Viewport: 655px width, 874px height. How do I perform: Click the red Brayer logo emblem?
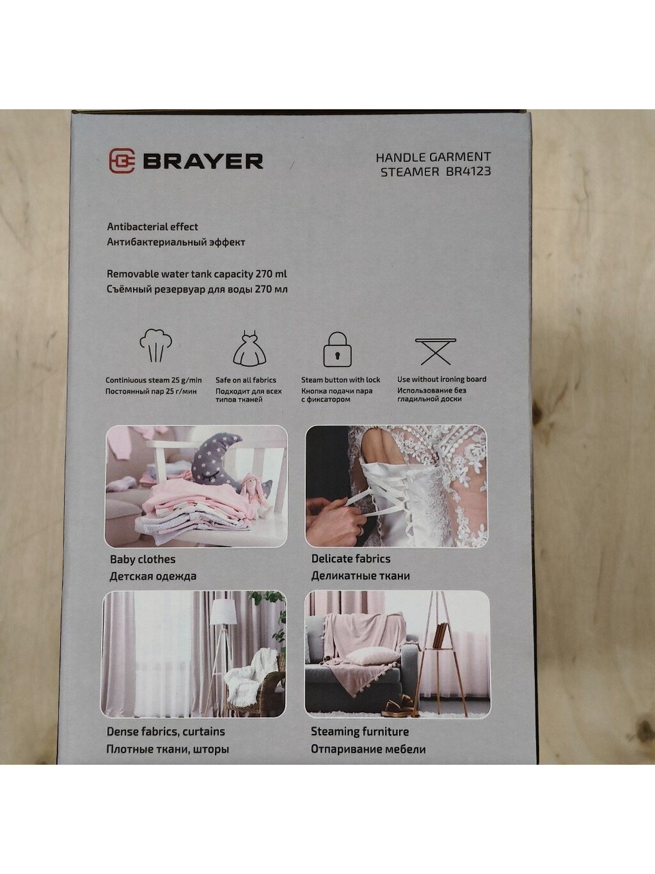pyautogui.click(x=121, y=161)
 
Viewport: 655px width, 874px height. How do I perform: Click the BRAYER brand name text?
pyautogui.click(x=203, y=161)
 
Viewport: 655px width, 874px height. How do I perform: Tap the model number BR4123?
pyautogui.click(x=468, y=171)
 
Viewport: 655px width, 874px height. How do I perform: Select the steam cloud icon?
pyautogui.click(x=156, y=345)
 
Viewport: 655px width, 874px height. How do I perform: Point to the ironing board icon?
pyautogui.click(x=435, y=351)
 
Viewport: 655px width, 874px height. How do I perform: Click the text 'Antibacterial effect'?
pyautogui.click(x=152, y=227)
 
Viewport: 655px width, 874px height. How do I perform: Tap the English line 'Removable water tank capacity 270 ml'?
pyautogui.click(x=197, y=274)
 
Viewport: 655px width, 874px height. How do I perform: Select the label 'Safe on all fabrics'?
pyautogui.click(x=246, y=380)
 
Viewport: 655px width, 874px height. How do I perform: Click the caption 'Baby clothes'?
pyautogui.click(x=143, y=559)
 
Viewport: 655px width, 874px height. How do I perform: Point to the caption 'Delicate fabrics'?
pyautogui.click(x=351, y=559)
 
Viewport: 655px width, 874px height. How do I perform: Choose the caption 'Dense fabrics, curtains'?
pyautogui.click(x=165, y=731)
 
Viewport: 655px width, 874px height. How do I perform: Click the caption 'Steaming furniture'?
pyautogui.click(x=360, y=731)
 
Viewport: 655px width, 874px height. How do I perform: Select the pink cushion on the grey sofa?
pyautogui.click(x=371, y=655)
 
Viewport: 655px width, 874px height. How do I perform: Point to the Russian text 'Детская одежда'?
pyautogui.click(x=153, y=576)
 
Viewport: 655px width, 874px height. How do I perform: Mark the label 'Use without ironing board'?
pyautogui.click(x=441, y=379)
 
